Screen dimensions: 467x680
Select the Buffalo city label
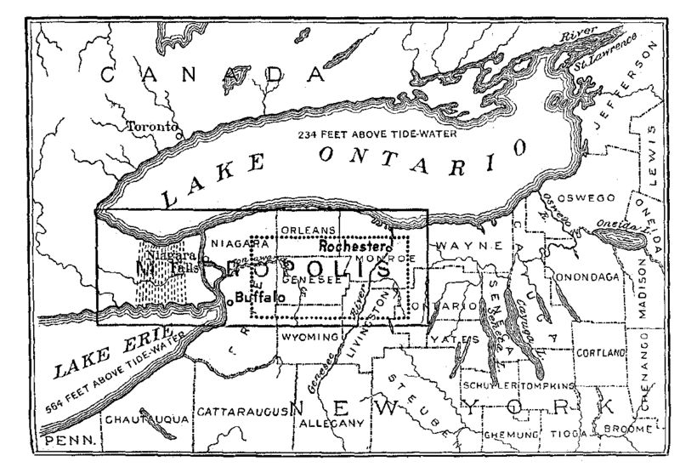point(259,299)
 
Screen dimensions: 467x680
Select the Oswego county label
point(585,198)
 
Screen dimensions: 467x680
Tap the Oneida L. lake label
point(609,225)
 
